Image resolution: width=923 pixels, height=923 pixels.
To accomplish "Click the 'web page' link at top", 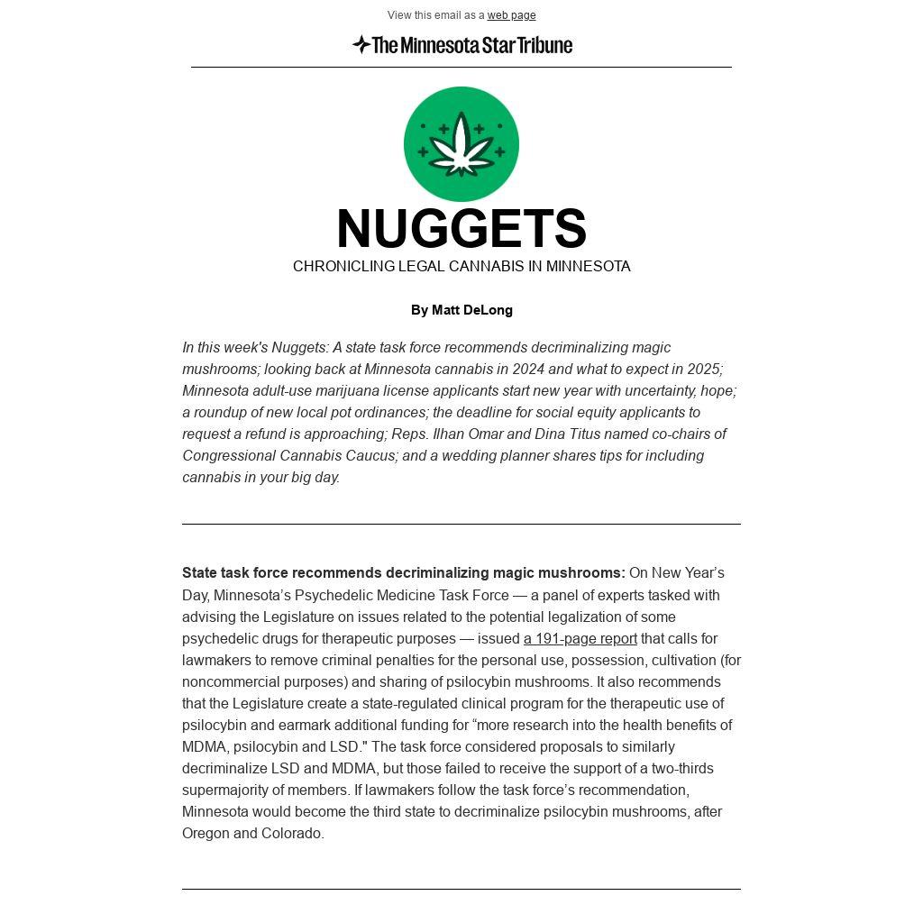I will (x=511, y=15).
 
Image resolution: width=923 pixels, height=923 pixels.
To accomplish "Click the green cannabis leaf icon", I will (x=461, y=144).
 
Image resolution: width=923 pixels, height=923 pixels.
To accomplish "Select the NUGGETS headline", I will (x=461, y=229).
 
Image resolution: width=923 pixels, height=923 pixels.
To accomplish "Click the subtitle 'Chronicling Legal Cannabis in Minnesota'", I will (x=461, y=267).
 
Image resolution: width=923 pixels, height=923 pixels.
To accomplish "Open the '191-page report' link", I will (x=580, y=639).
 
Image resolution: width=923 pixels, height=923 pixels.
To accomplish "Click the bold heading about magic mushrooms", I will (x=403, y=573).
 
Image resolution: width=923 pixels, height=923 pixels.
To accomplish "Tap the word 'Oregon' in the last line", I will (x=206, y=834).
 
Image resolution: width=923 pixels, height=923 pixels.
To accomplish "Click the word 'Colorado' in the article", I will (x=291, y=834).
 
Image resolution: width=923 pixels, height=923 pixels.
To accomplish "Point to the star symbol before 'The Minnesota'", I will (x=361, y=44).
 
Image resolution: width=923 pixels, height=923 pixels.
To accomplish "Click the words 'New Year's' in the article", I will (x=688, y=573).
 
